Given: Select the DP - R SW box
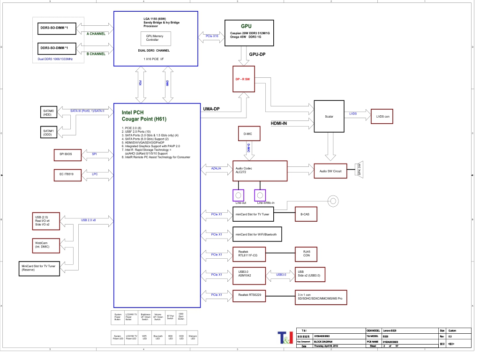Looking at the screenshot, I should (243, 79).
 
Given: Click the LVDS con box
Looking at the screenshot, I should (383, 116).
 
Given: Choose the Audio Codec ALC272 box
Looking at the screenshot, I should (260, 171).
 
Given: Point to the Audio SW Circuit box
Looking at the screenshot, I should (330, 171).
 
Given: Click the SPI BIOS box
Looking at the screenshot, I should (67, 154).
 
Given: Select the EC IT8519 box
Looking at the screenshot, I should (67, 175).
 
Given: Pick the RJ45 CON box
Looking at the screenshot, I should (307, 254).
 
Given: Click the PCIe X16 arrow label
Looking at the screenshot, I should (212, 36).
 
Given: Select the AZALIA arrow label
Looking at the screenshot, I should (216, 167).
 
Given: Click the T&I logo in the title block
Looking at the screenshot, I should (285, 337).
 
